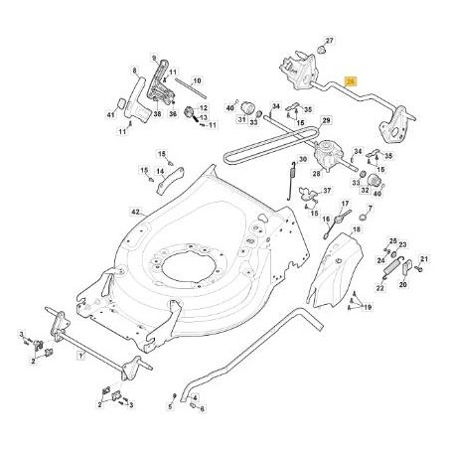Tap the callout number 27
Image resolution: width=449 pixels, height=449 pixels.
pos(331,40)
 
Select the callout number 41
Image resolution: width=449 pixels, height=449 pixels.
pos(111,116)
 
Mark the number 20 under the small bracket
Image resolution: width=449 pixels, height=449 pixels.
pos(403,283)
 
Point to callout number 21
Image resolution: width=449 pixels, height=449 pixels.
pos(422,259)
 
